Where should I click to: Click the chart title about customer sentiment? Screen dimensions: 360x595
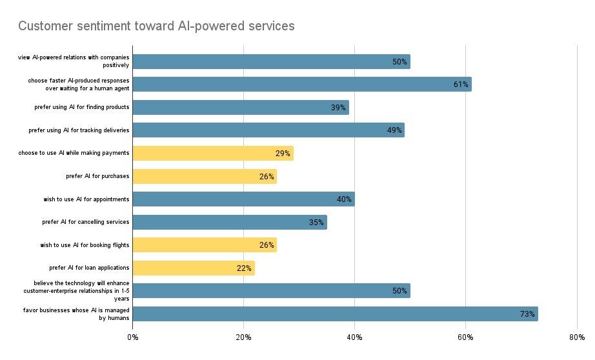[156, 26]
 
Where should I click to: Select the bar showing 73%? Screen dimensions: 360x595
[335, 314]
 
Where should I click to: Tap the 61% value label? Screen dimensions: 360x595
[460, 85]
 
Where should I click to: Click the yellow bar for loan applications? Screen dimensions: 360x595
[194, 268]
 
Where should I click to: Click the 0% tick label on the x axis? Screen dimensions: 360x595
[132, 337]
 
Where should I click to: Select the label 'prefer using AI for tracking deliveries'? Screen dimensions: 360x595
[79, 130]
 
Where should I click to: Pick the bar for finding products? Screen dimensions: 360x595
[240, 107]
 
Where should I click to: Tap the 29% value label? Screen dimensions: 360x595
[283, 154]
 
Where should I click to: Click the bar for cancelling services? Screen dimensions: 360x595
[229, 222]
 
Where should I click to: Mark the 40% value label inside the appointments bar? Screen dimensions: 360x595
[344, 199]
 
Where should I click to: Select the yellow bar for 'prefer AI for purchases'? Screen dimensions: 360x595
[204, 176]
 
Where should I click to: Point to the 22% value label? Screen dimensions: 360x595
[244, 268]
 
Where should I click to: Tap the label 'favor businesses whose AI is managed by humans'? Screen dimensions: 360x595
[76, 314]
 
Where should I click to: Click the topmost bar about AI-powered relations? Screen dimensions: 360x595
[271, 61]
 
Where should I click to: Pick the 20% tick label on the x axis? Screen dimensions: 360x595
[243, 337]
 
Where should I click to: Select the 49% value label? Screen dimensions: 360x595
[394, 130]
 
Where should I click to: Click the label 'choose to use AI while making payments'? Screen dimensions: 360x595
[74, 153]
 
